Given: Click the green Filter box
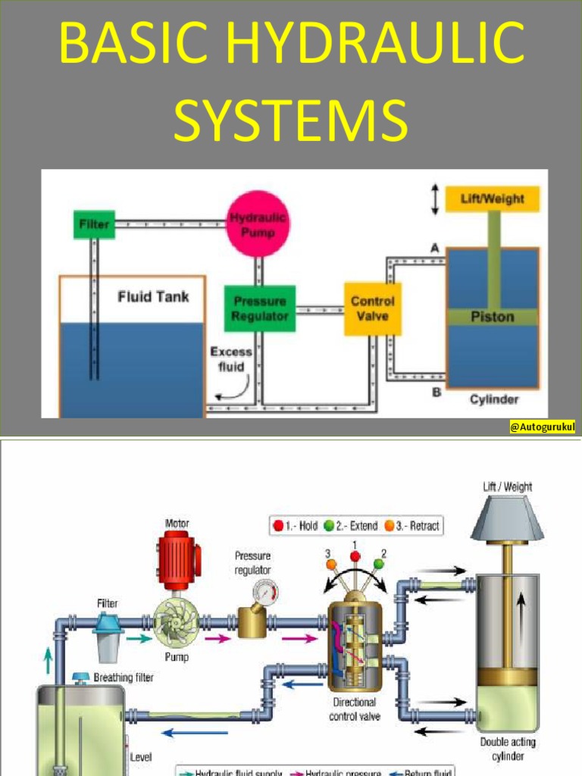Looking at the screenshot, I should [94, 224].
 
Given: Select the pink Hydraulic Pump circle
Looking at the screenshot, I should [258, 224].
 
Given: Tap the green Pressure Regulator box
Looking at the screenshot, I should [259, 308].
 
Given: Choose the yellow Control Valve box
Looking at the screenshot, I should [372, 308].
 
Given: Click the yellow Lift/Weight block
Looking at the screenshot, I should [493, 199].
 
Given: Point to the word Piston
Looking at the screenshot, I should [493, 317].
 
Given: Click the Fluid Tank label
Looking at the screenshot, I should [152, 297].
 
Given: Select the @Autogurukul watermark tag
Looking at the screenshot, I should [542, 428].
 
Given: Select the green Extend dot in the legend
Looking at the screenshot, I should [329, 525].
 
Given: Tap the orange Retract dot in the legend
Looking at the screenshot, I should [389, 525].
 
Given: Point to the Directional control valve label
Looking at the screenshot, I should [355, 709].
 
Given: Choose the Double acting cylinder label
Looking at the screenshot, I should [507, 749].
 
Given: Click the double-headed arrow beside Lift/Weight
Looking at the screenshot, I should [435, 199].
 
